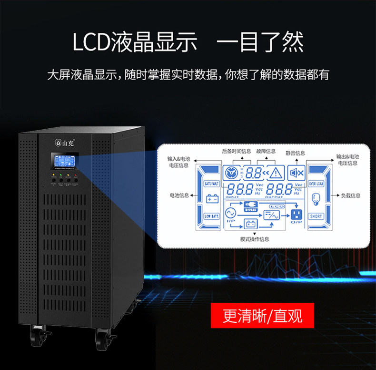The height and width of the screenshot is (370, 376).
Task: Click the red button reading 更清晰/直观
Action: pos(262,316)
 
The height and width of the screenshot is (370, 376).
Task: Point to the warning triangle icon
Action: pos(277,173)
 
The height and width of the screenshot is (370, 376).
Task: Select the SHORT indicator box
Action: pos(316,216)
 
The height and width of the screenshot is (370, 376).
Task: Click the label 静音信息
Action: pos(295,153)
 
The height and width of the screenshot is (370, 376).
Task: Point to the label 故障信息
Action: pos(266,151)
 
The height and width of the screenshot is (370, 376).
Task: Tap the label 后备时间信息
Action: pos(237,151)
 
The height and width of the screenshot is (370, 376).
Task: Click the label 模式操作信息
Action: pos(255,239)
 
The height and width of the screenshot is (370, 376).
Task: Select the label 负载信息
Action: pos(351,195)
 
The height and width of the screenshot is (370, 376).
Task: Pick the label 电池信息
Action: pos(179,195)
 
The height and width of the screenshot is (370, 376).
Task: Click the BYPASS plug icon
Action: pos(249,206)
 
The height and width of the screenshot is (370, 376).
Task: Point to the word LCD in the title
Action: pos(90,42)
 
